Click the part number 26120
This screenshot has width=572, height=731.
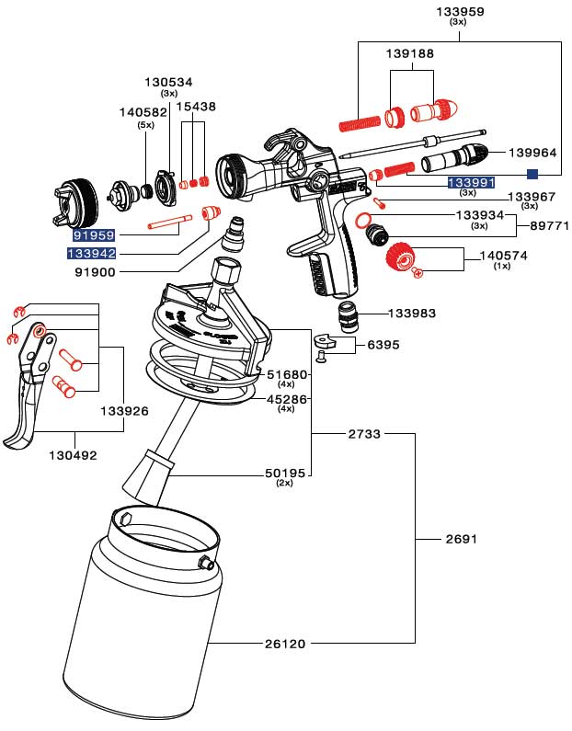coord(285,644)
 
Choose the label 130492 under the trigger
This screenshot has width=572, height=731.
coord(74,454)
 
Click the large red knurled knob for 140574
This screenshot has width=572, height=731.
coord(402,256)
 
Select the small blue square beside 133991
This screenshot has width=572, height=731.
coord(532,173)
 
